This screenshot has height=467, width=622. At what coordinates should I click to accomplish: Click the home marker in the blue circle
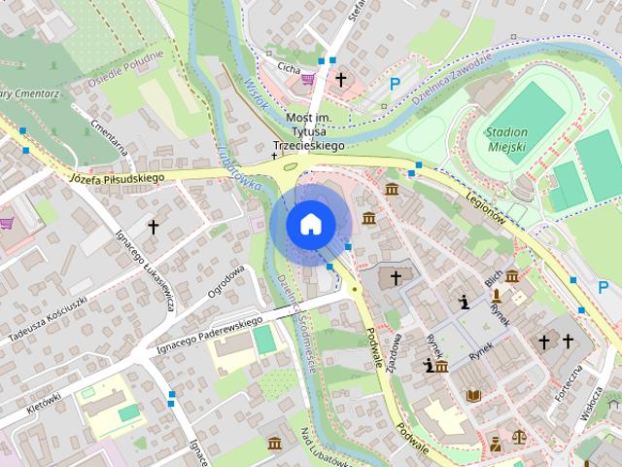pos(310,225)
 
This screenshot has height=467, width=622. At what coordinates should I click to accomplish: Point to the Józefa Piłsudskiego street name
pos(116,178)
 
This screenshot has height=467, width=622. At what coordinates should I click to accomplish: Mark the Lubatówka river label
pos(233,164)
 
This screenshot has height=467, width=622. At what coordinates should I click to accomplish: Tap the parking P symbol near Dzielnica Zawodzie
pos(396,85)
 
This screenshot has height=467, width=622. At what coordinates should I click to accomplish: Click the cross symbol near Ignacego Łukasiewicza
pos(153,227)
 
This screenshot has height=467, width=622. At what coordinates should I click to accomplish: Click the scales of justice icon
pos(518,438)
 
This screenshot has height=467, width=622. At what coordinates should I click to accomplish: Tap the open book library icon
pos(473,396)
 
